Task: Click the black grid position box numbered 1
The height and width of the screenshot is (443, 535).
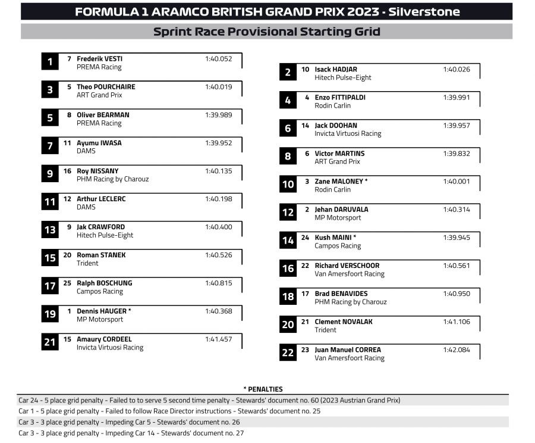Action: point(50,62)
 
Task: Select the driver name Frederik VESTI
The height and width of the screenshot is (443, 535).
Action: point(99,59)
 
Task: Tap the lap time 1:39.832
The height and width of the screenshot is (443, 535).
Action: point(456,154)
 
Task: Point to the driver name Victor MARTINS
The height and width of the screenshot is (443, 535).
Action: point(339,154)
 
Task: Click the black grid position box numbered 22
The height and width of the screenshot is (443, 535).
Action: point(288,353)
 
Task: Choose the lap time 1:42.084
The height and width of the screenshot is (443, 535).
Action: point(456,350)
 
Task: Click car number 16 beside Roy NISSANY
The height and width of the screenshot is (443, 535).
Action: point(67,171)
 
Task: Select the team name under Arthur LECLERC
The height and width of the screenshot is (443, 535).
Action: point(86,207)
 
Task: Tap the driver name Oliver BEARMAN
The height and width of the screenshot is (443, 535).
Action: point(103,115)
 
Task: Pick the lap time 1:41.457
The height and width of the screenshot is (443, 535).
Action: point(218,339)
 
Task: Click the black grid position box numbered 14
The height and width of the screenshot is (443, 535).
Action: point(288,241)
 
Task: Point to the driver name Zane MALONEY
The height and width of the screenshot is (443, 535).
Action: point(339,182)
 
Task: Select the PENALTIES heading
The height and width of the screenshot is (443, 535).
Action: point(263,389)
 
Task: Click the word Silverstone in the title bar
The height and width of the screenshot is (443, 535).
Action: point(424,12)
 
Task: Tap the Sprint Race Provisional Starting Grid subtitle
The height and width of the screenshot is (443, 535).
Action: point(266,32)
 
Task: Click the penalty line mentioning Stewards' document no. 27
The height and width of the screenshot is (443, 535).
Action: point(131,433)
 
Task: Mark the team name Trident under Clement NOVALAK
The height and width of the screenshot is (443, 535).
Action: point(325,330)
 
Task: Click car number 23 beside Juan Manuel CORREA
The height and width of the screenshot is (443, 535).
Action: point(305,350)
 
